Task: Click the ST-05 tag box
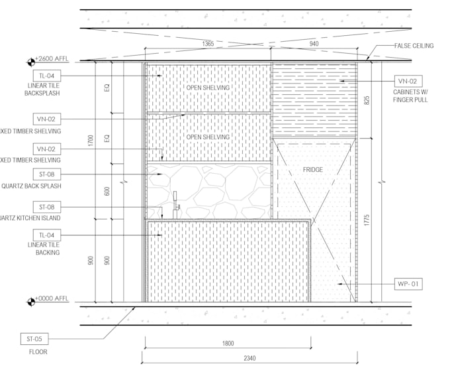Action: pos(34,339)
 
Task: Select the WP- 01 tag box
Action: pos(407,284)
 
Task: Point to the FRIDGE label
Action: pos(313,170)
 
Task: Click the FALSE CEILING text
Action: pos(414,46)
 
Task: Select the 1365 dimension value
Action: pos(208,44)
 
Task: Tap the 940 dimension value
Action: pos(314,44)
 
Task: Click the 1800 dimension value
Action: pos(227,343)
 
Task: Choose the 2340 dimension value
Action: pos(249,358)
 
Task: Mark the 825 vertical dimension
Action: pos(367,101)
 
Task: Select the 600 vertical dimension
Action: pos(107,191)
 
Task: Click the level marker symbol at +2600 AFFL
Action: pos(30,62)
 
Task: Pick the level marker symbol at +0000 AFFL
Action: pos(30,302)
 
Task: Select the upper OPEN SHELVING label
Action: pos(208,88)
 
